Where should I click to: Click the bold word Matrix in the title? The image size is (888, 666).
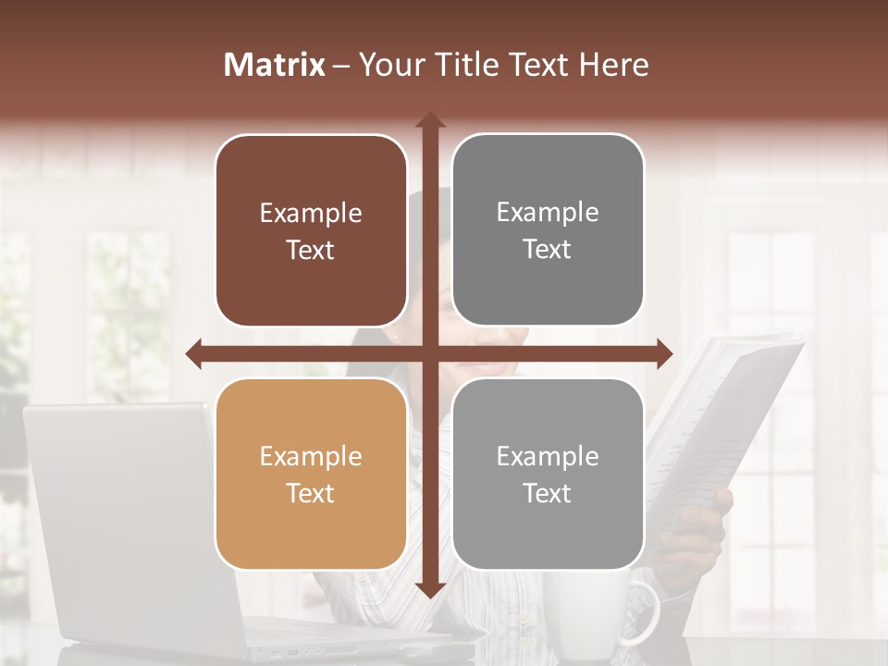click(x=275, y=65)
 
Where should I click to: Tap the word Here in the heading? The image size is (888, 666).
click(x=613, y=65)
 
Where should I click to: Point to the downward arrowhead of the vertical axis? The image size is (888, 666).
click(x=430, y=588)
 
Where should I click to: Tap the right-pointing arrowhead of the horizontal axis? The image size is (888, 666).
click(x=664, y=353)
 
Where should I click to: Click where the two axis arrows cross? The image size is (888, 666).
click(x=430, y=353)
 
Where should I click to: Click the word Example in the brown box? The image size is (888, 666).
click(x=311, y=214)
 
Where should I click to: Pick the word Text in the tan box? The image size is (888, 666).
click(x=311, y=493)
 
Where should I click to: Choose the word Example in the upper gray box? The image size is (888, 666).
click(x=548, y=213)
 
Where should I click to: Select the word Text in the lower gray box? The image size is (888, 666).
click(x=548, y=493)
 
